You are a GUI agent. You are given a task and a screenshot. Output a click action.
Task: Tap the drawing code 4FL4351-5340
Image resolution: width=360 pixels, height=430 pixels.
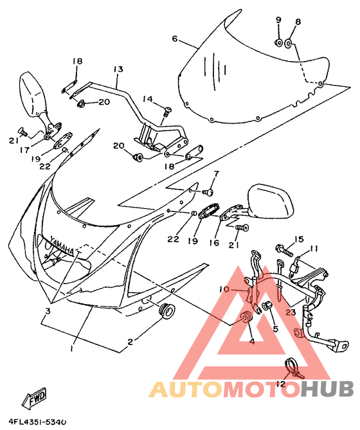pyautogui.click(x=37, y=422)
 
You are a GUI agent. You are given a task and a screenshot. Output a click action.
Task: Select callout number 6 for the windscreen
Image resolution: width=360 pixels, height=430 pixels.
pyautogui.click(x=175, y=39)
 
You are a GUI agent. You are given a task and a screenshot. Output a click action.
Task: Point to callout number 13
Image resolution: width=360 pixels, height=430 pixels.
pyautogui.click(x=118, y=69)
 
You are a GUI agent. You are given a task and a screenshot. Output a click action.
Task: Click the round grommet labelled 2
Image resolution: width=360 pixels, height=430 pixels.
pyautogui.click(x=167, y=310)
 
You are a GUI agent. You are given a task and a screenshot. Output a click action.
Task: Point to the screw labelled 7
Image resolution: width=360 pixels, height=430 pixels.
pyautogui.click(x=209, y=192)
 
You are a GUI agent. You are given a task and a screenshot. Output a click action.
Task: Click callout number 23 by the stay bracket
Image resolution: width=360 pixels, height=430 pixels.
pyautogui.click(x=291, y=312)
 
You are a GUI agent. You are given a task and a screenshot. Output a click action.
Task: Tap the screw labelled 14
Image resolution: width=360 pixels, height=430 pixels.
pyautogui.click(x=167, y=112)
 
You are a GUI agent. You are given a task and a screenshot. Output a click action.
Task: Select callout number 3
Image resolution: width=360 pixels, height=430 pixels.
pyautogui.click(x=48, y=311)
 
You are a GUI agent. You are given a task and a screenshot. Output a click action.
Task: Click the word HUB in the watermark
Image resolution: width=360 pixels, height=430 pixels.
pyautogui.click(x=327, y=389)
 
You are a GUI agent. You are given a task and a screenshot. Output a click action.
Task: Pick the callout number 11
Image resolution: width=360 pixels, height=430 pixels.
pyautogui.click(x=313, y=249)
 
